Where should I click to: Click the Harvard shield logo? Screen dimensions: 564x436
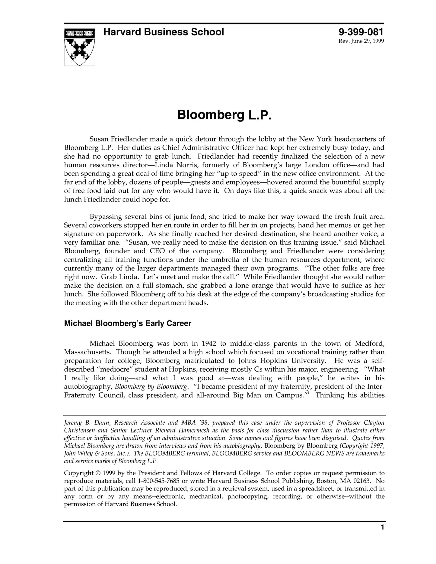click(79, 47)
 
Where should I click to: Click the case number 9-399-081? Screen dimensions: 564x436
click(361, 32)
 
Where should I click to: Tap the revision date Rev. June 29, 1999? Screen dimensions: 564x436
click(361, 41)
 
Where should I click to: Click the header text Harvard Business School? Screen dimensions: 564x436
click(164, 32)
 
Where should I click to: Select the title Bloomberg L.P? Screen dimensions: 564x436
click(224, 115)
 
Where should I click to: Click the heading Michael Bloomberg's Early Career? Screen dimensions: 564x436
click(128, 324)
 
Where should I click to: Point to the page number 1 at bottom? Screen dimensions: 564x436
click(382, 536)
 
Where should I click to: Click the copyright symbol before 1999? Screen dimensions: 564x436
click(98, 473)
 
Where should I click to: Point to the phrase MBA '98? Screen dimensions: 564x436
click(193, 423)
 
